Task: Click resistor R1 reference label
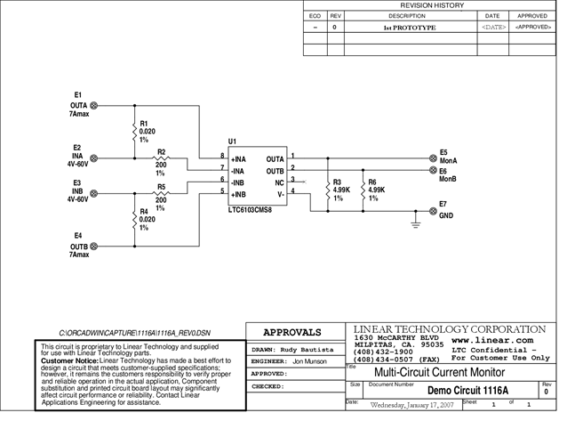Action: (x=144, y=124)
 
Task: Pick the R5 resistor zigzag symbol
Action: (x=161, y=193)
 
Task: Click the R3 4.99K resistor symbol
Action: (x=325, y=190)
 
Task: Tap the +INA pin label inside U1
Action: (x=239, y=158)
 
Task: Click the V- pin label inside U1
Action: (x=279, y=193)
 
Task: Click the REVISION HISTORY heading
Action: (x=432, y=5)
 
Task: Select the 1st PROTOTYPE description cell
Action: (x=410, y=28)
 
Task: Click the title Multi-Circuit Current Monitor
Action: (x=438, y=372)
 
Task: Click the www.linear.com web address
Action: (x=492, y=340)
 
